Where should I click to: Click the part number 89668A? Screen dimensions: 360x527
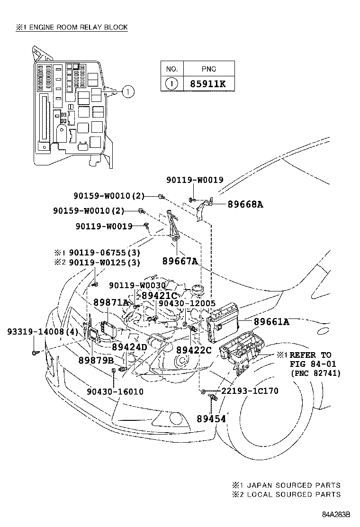pyautogui.click(x=245, y=204)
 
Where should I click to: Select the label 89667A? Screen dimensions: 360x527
pyautogui.click(x=180, y=261)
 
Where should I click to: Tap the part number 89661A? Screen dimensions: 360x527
pyautogui.click(x=271, y=322)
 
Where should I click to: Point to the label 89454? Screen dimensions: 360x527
pyautogui.click(x=211, y=419)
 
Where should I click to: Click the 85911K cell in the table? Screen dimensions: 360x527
pyautogui.click(x=208, y=84)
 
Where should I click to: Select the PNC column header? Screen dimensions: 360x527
pyautogui.click(x=208, y=69)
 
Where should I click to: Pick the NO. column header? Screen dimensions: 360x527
pyautogui.click(x=172, y=69)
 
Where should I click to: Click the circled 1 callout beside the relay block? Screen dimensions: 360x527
pyautogui.click(x=128, y=91)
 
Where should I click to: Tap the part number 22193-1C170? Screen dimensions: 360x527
pyautogui.click(x=250, y=391)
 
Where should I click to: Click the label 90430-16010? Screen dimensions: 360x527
pyautogui.click(x=115, y=391)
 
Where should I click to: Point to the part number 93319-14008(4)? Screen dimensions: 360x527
pyautogui.click(x=43, y=332)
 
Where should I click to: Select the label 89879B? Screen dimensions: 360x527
pyautogui.click(x=96, y=360)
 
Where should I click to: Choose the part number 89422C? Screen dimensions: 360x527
pyautogui.click(x=194, y=350)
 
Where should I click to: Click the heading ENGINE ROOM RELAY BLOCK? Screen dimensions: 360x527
pyautogui.click(x=79, y=27)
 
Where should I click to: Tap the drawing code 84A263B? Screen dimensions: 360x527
pyautogui.click(x=336, y=515)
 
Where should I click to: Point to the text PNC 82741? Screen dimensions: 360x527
pyautogui.click(x=315, y=373)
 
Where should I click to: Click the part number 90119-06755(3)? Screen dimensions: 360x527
pyautogui.click(x=104, y=253)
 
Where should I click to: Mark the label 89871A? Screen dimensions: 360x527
pyautogui.click(x=111, y=302)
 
